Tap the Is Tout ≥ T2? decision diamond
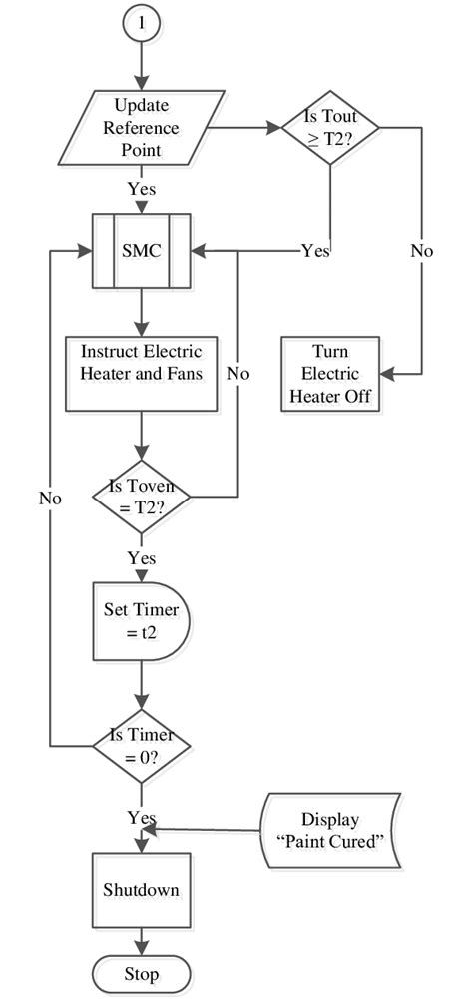click(330, 127)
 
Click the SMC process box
click(142, 251)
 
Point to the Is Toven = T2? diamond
click(142, 497)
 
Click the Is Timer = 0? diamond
click(142, 744)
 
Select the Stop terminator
click(142, 973)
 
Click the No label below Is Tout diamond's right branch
click(422, 251)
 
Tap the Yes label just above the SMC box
click(141, 189)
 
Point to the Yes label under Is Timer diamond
click(141, 818)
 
